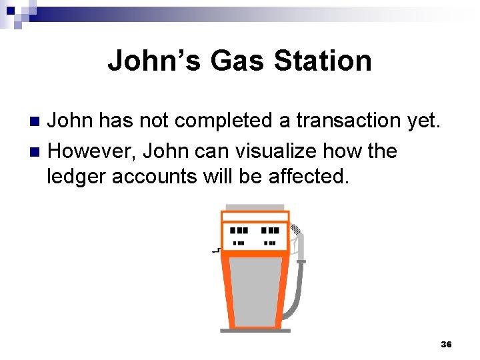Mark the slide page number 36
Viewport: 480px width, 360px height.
(x=446, y=344)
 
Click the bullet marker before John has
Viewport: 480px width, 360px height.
(x=37, y=121)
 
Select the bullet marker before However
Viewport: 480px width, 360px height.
(x=37, y=152)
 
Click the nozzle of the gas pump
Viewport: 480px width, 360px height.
(x=297, y=237)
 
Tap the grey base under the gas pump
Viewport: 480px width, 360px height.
(x=255, y=330)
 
